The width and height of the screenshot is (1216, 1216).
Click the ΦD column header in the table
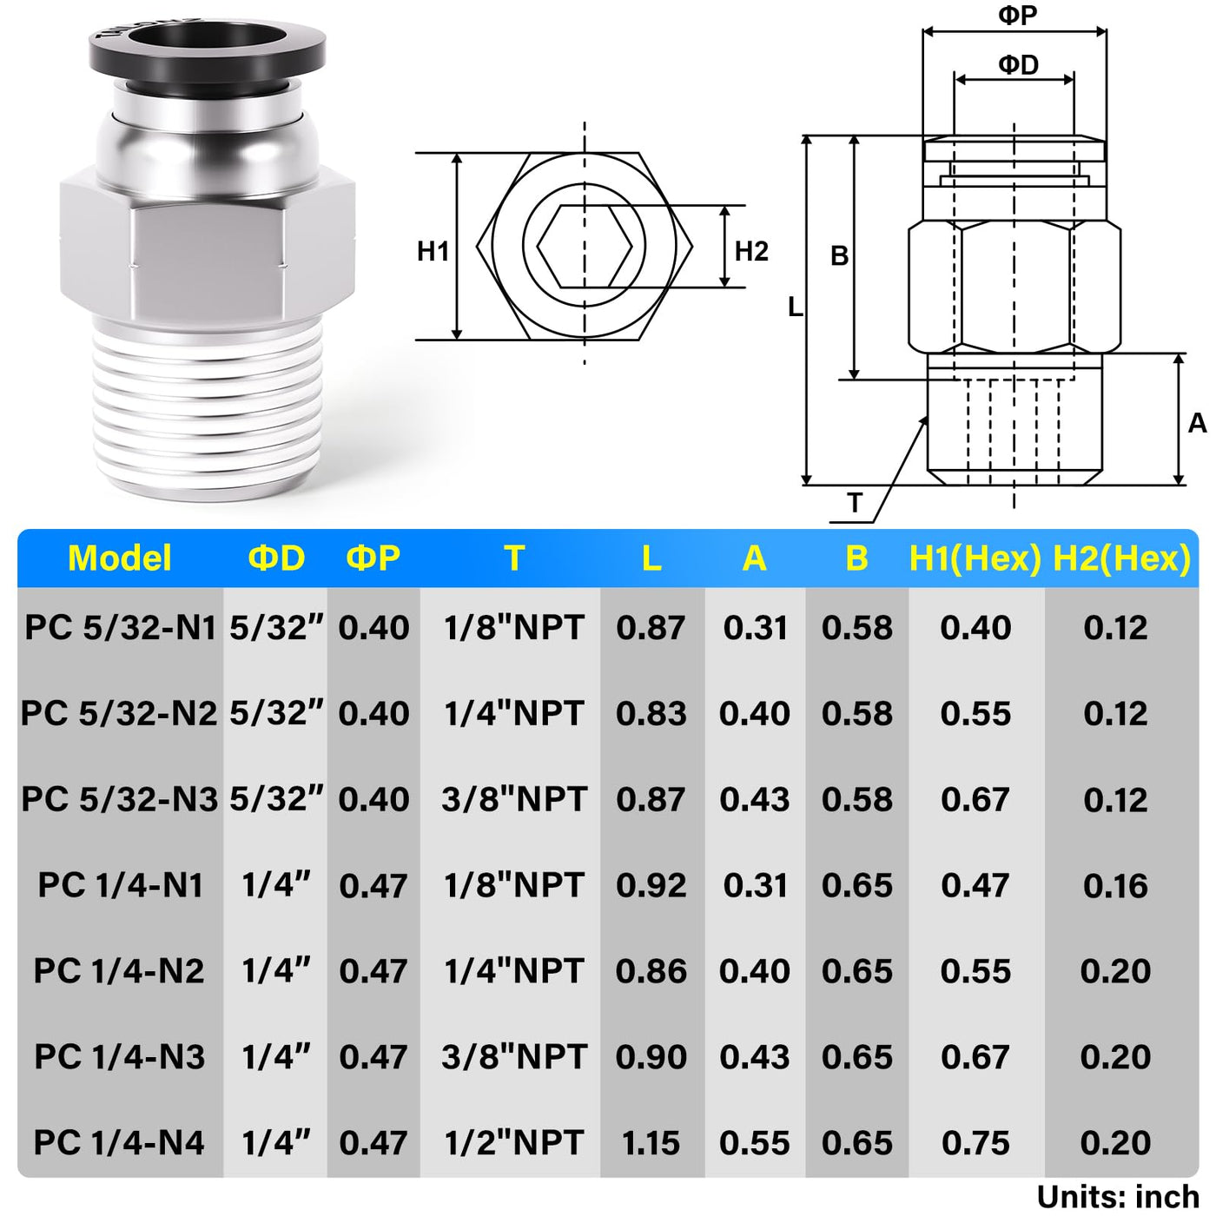(276, 558)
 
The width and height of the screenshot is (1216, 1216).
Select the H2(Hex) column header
(1122, 558)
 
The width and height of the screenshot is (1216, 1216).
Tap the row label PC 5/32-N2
(119, 713)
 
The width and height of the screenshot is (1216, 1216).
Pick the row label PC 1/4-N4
(119, 1142)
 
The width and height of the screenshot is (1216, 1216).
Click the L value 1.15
(651, 1143)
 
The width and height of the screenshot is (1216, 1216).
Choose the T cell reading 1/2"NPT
(513, 1142)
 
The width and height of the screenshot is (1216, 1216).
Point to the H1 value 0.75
(975, 1143)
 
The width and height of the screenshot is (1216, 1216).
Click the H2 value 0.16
(1115, 885)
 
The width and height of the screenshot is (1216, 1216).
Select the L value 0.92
(651, 885)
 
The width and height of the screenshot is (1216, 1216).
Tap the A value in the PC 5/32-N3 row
(755, 799)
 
